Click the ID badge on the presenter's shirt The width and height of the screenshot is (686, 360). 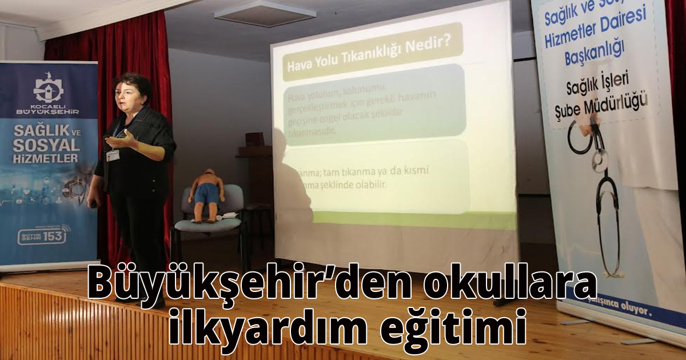(x=113, y=155)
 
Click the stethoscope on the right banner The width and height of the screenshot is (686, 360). (x=600, y=189)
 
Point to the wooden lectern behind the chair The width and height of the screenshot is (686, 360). (x=255, y=166)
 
